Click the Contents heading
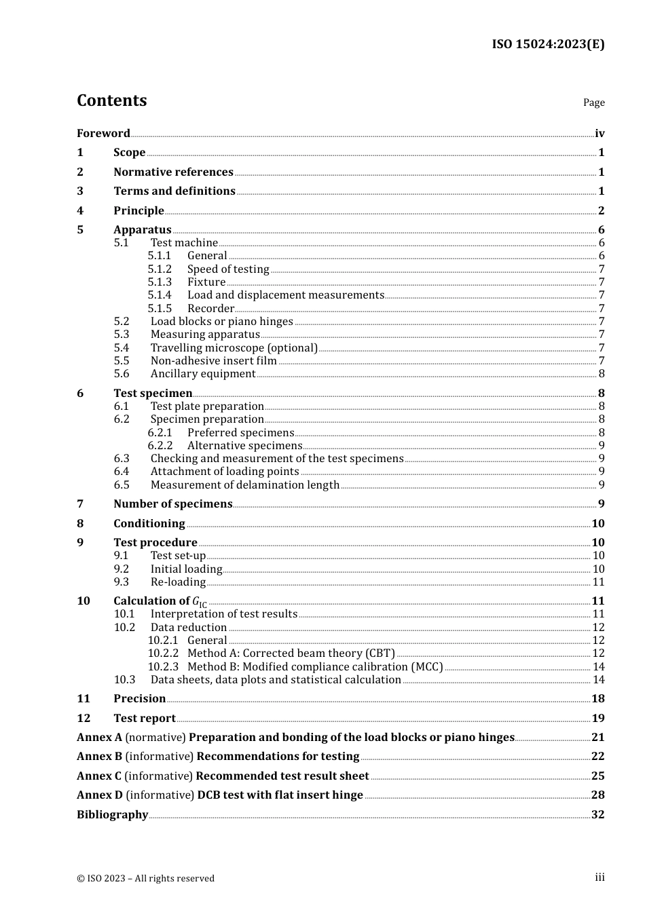(x=111, y=100)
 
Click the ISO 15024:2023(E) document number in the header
(x=548, y=45)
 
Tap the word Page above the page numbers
(x=593, y=102)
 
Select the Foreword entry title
(x=103, y=134)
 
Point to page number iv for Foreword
(x=600, y=134)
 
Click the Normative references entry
(x=173, y=172)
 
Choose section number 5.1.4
(x=160, y=295)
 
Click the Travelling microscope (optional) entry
(x=234, y=348)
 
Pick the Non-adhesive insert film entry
(x=213, y=361)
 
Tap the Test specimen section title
(x=153, y=394)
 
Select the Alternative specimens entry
(x=244, y=446)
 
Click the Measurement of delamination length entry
(x=244, y=485)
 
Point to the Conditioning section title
(x=149, y=524)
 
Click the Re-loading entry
(x=178, y=582)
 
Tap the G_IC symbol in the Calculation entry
(x=200, y=603)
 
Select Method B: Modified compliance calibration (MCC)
(x=315, y=667)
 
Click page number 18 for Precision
(x=597, y=699)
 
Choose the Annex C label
(x=99, y=776)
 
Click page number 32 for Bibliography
(x=597, y=815)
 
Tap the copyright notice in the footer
(x=145, y=879)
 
